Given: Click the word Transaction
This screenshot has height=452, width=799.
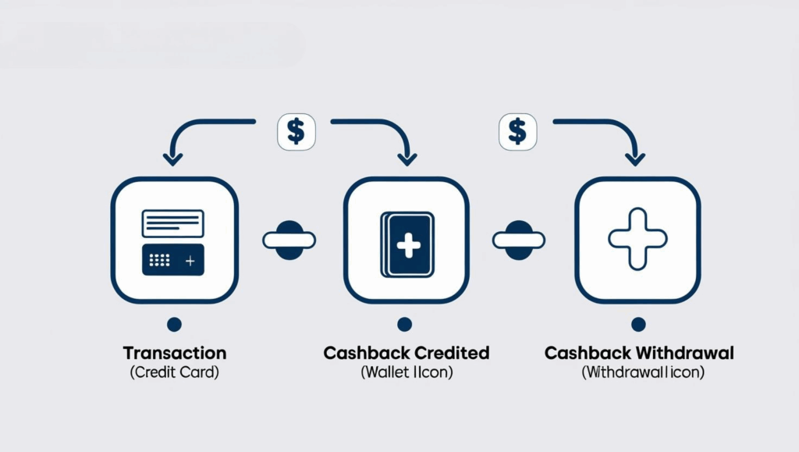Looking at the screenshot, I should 174,353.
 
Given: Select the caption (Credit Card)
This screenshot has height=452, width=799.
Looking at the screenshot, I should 174,372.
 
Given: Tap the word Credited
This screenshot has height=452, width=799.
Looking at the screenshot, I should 453,353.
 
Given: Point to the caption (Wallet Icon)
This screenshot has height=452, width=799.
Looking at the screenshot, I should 406,372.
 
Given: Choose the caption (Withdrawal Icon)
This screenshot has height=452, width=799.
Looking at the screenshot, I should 642,372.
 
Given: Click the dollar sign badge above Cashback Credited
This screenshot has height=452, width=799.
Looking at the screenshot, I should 296,130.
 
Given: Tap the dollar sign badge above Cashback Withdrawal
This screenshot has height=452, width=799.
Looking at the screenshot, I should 517,130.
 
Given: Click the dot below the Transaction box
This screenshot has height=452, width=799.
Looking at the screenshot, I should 174,323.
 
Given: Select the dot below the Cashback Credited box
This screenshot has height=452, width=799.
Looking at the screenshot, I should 404,323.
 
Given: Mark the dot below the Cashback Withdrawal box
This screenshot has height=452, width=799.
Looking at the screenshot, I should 638,323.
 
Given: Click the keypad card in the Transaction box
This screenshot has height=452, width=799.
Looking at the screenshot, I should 172,259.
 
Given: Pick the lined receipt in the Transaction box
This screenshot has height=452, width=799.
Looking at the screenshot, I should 172,223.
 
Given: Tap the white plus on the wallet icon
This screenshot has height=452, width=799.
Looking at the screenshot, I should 407,245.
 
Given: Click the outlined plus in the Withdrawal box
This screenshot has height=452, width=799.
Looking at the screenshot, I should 637,239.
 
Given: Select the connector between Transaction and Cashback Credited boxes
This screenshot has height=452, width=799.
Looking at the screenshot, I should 289,240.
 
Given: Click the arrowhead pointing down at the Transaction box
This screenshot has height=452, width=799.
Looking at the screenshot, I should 172,158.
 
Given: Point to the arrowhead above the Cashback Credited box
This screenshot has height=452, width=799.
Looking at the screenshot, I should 407,158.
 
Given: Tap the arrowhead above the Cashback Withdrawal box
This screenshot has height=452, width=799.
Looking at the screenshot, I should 636,158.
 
